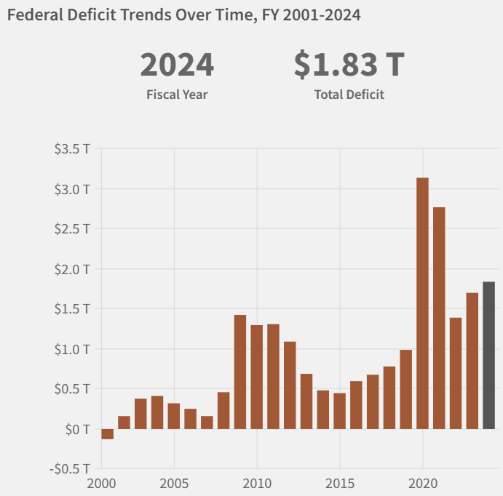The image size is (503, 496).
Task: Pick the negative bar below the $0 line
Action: pos(108,434)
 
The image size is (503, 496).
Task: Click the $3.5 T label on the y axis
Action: pos(73,149)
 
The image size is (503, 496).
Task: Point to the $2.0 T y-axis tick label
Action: pos(73,269)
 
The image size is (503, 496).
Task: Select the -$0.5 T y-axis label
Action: pos(71,468)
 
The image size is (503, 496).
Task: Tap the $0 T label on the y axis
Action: pos(77,429)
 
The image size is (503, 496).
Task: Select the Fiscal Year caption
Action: pos(177,95)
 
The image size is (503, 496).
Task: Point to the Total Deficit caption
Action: pos(349,95)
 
